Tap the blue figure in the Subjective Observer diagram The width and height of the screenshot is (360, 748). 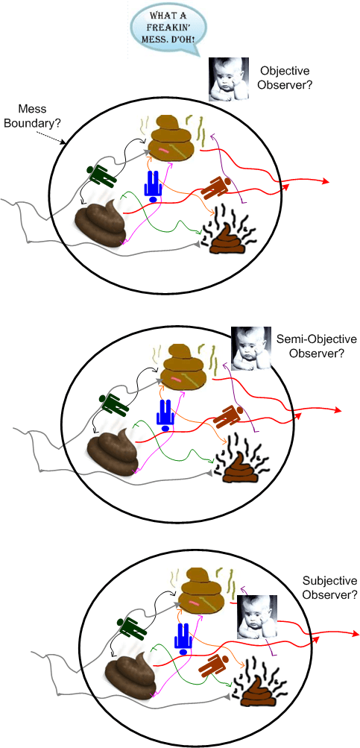tap(183, 638)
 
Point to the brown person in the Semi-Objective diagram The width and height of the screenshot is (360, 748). tap(230, 415)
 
